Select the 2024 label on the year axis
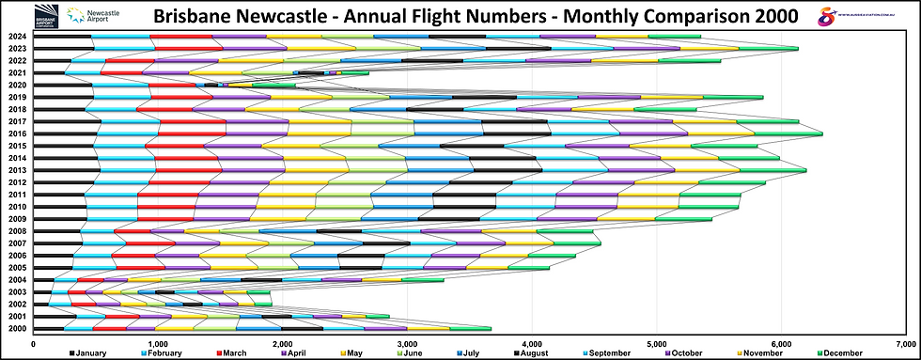[x=16, y=37]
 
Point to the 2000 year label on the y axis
[x=16, y=328]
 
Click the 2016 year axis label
[x=16, y=133]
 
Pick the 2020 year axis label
[x=16, y=86]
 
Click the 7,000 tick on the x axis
[x=906, y=344]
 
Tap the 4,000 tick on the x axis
[x=532, y=344]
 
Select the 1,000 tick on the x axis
[x=158, y=344]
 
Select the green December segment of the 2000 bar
[x=470, y=328]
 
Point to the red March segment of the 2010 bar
[x=166, y=207]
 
